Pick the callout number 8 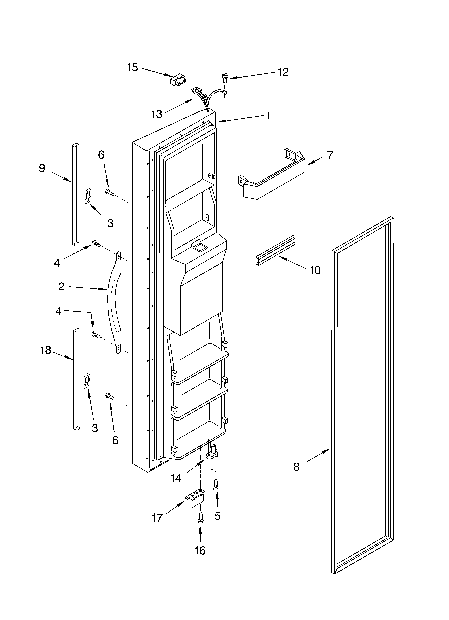coord(296,467)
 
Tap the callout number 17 coord(157,518)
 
